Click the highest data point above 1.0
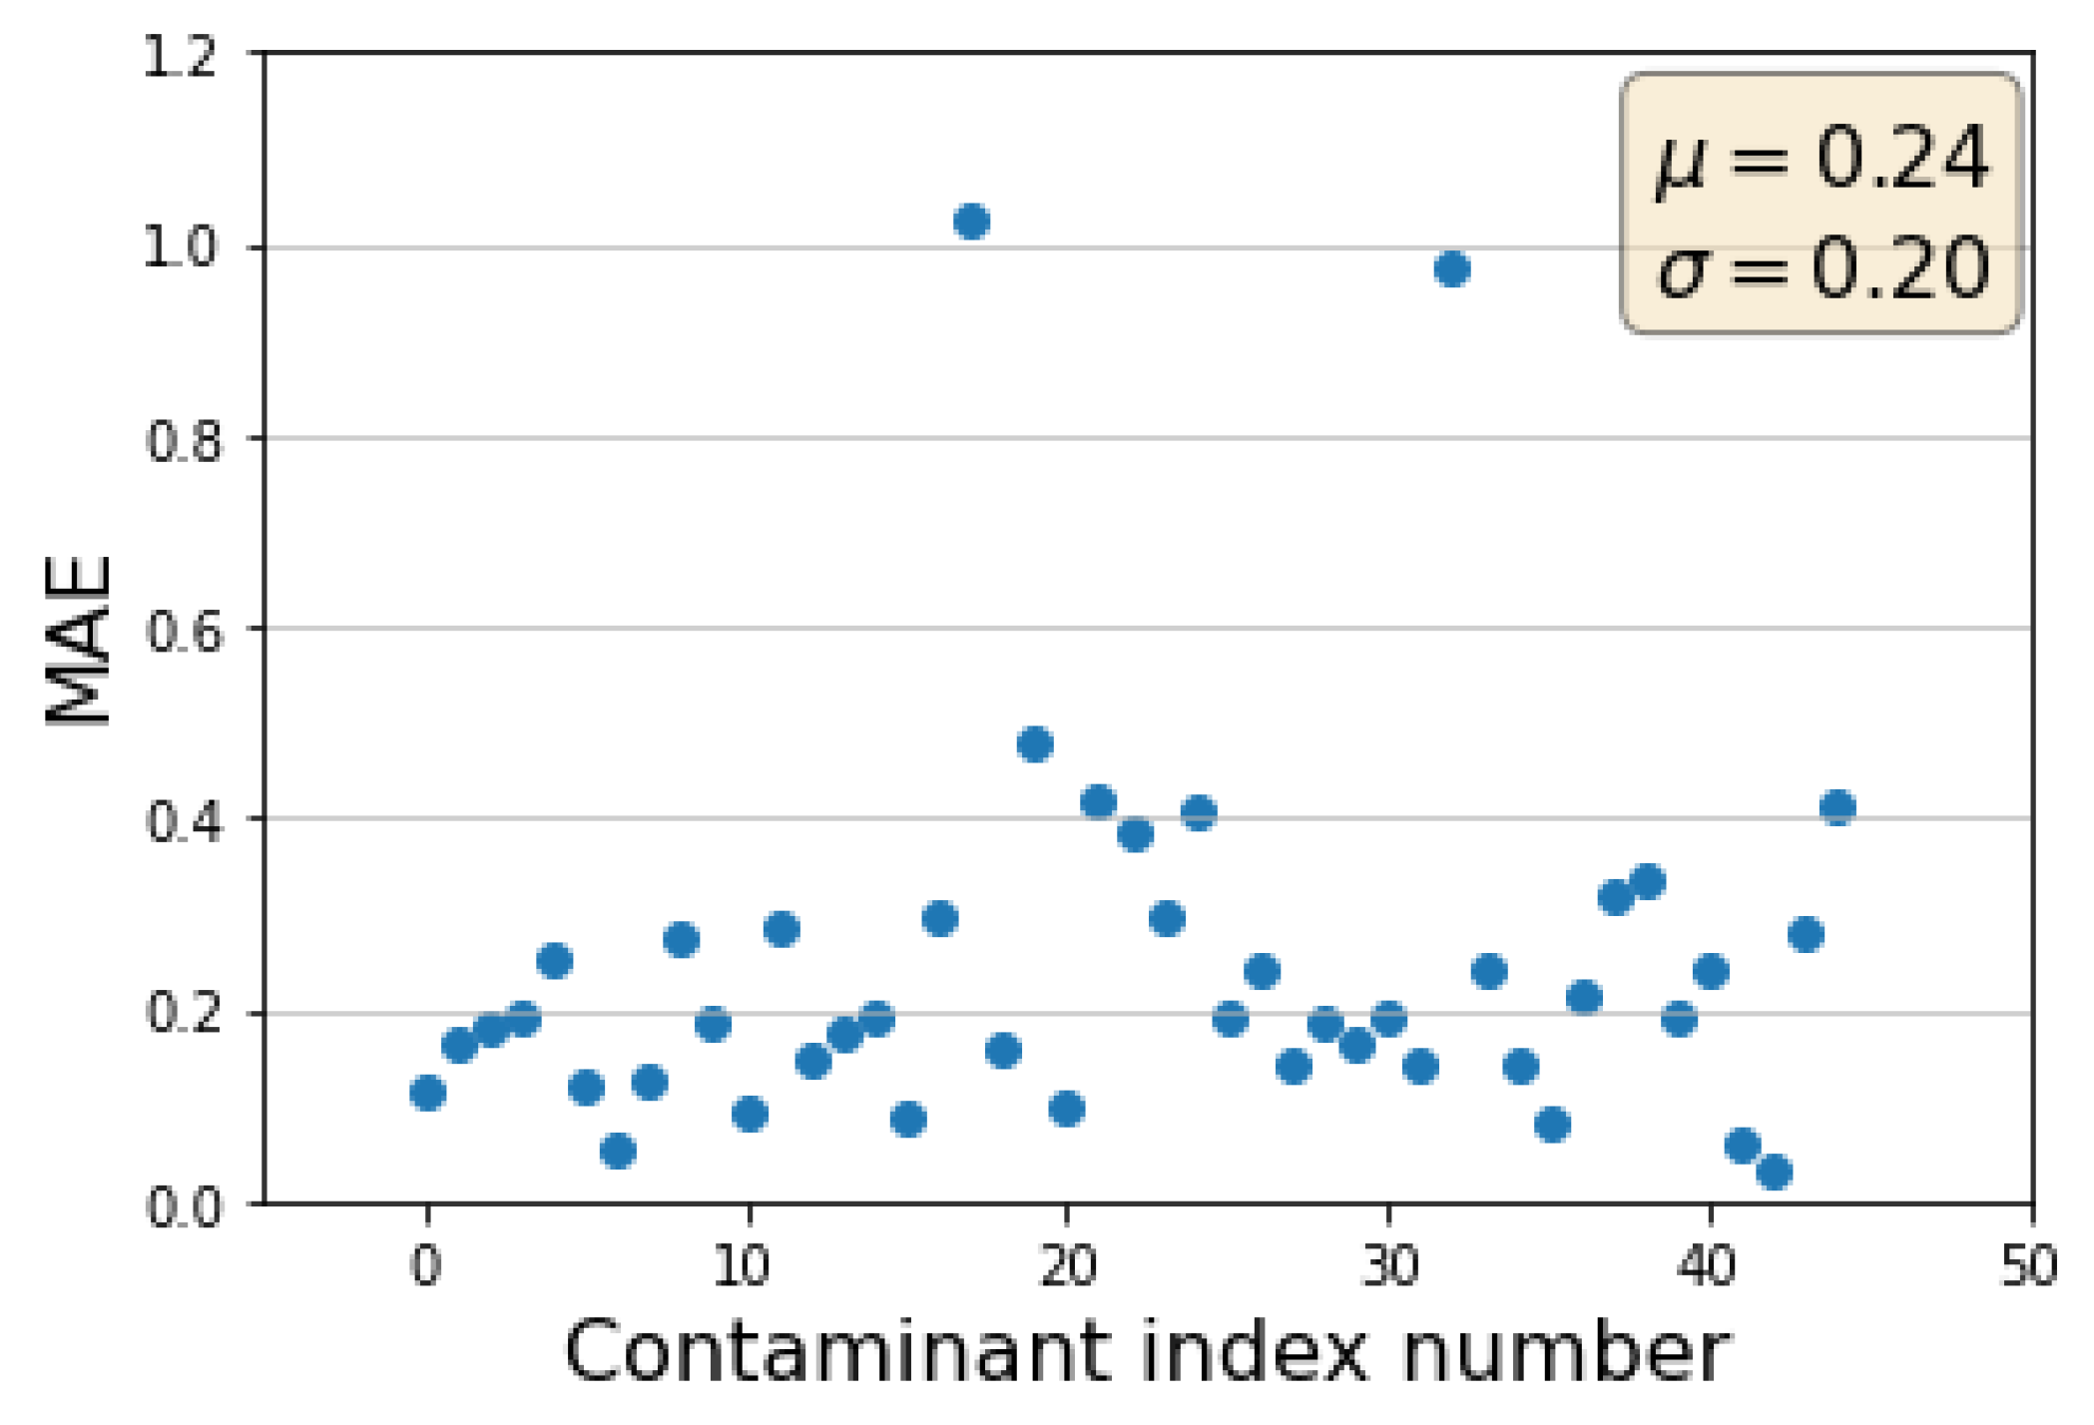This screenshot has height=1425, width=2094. (x=971, y=221)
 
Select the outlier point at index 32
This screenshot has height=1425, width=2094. (x=1452, y=268)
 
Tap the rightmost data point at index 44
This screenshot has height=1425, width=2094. (x=1837, y=806)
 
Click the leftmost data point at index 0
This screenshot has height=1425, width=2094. (x=427, y=1093)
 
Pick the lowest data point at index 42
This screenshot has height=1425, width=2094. (x=1774, y=1172)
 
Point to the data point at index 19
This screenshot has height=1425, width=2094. (x=1035, y=744)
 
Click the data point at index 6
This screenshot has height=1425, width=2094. (x=618, y=1151)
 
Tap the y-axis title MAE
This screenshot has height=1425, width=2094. (x=80, y=641)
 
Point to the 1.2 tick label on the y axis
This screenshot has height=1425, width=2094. (x=182, y=58)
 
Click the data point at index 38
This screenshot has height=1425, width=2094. (x=1648, y=882)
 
